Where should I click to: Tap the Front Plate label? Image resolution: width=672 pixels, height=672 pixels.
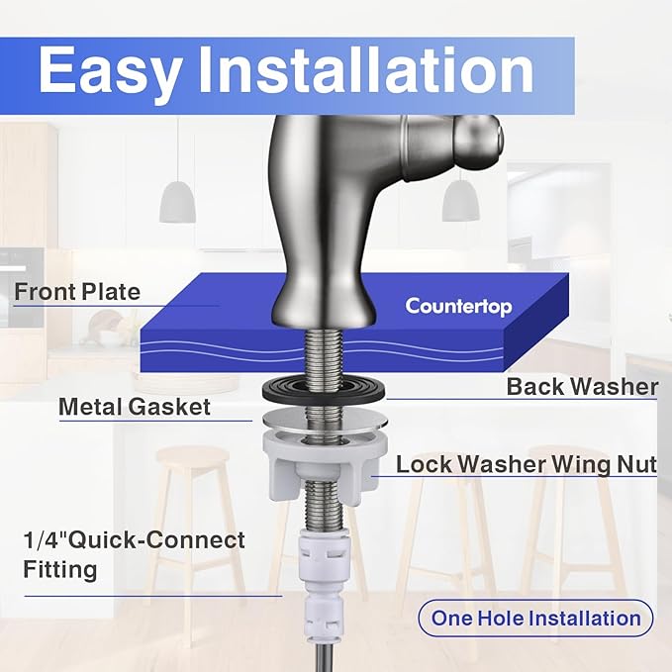click(x=77, y=292)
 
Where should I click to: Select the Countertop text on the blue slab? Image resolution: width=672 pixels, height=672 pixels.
click(x=458, y=306)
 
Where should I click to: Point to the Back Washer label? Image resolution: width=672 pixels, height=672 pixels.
click(x=582, y=386)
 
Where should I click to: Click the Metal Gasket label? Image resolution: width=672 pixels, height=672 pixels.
click(x=135, y=406)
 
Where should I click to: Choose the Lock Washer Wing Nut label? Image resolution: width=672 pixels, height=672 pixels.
click(x=527, y=464)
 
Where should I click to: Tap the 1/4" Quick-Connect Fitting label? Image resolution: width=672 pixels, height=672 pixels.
click(x=134, y=555)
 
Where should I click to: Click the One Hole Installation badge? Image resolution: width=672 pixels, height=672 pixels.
click(x=535, y=619)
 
